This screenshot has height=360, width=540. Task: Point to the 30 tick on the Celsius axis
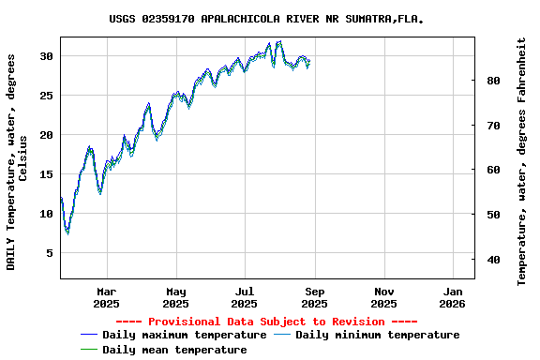(46, 56)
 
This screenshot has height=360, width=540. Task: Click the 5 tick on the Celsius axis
(50, 253)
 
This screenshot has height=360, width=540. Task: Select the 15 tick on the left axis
(46, 174)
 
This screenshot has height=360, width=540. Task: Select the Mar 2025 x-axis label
(106, 297)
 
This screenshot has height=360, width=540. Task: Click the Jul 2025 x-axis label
(244, 297)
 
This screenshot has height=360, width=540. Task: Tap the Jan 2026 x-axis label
(452, 297)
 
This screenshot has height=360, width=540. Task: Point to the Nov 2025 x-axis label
(383, 297)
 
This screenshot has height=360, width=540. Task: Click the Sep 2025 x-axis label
(314, 297)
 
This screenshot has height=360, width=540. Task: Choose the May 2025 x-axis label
(175, 297)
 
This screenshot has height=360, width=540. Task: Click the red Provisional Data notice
(273, 322)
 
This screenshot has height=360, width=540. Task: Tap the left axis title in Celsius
(17, 161)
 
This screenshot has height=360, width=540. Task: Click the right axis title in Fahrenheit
(522, 161)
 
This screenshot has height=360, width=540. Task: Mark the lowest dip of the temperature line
(67, 232)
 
